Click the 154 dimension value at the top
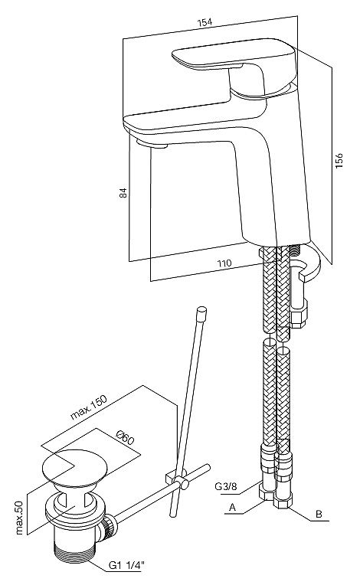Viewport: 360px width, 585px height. point(205,22)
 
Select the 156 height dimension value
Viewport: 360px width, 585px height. point(339,160)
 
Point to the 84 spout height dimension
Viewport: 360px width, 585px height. point(123,193)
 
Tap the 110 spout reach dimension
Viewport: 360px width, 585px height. point(224,263)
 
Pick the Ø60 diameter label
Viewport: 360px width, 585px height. point(125,438)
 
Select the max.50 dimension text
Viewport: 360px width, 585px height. point(19,518)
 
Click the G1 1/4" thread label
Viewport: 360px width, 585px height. point(126,566)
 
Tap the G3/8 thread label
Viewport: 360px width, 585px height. point(225,486)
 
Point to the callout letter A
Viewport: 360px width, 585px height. point(232,508)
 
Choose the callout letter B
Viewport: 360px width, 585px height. point(319,514)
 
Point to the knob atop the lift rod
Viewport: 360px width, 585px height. point(201,313)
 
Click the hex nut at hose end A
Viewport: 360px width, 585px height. point(267,493)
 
